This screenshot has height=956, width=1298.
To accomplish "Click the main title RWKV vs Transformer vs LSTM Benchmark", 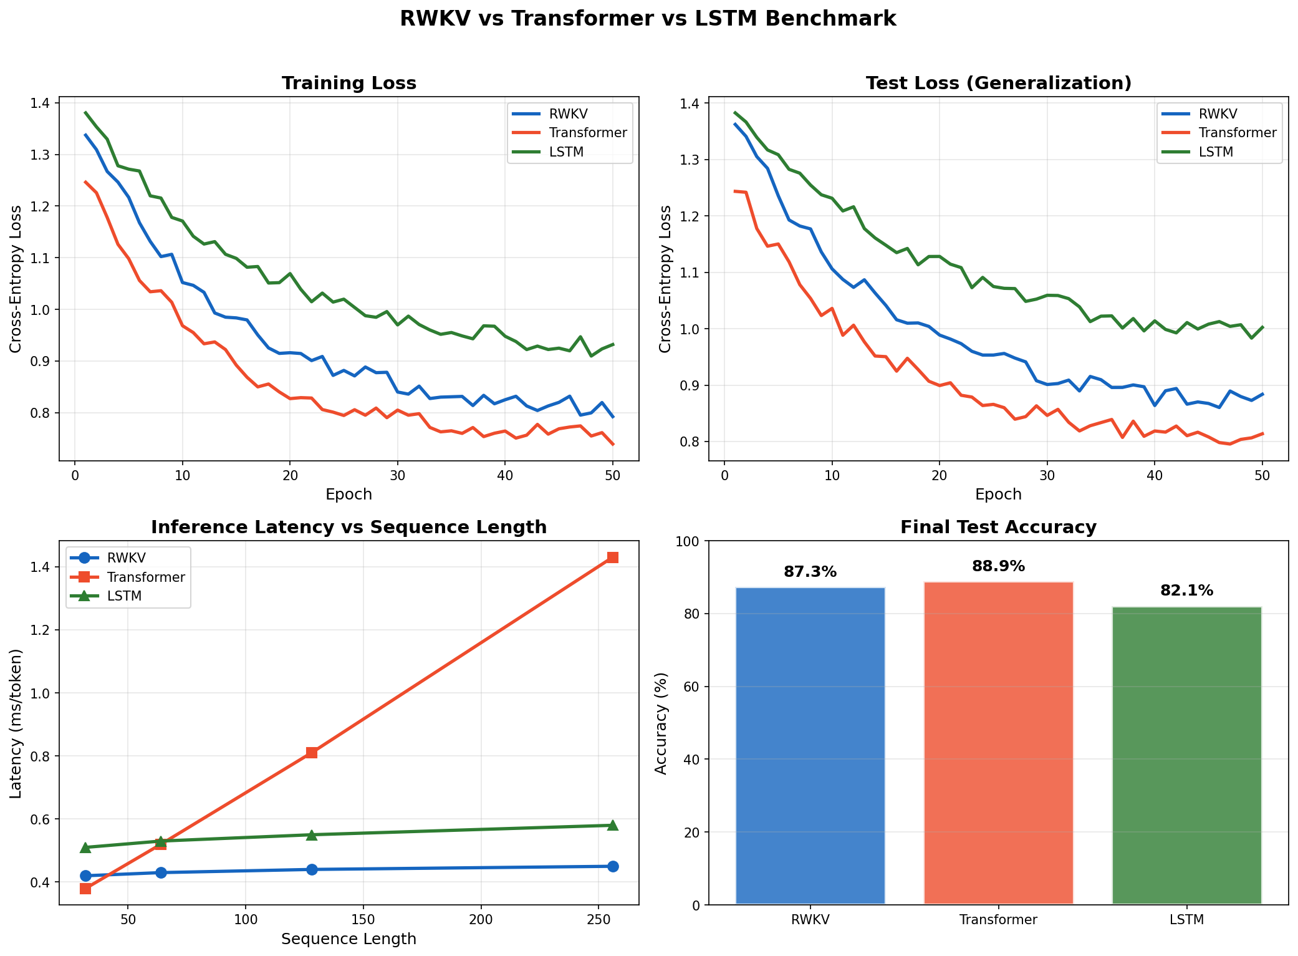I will (x=648, y=19).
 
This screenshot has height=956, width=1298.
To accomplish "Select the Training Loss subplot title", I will (x=349, y=84).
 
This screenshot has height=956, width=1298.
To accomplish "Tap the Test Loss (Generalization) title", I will (x=998, y=84).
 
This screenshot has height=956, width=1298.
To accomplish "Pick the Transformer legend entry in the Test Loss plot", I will (x=1238, y=133).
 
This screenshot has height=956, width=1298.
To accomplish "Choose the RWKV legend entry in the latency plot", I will (x=126, y=558).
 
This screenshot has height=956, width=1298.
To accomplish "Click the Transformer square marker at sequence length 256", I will (x=612, y=558).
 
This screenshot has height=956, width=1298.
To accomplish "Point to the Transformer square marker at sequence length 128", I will (x=312, y=753).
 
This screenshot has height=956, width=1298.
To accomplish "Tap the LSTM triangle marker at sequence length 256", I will (x=612, y=826).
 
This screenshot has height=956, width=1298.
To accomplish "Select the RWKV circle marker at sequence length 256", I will (x=612, y=866).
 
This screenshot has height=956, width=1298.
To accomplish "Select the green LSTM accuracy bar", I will (x=1186, y=755).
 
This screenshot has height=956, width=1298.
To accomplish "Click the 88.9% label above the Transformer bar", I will (x=998, y=566).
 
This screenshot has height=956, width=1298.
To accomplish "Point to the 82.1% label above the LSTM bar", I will (x=1186, y=591).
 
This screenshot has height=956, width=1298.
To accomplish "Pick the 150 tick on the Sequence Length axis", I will (x=363, y=919).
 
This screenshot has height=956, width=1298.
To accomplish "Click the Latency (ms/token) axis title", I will (x=16, y=723).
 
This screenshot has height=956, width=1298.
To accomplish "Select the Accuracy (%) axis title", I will (x=661, y=723).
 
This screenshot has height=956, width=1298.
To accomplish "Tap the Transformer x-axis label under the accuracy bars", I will (x=998, y=920).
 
